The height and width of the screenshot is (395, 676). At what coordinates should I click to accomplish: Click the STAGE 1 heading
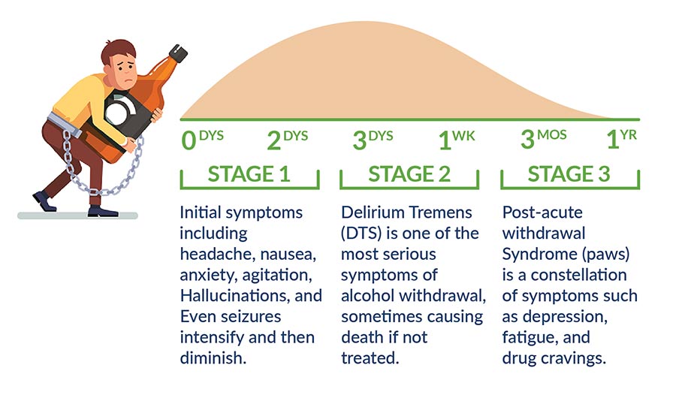click(x=249, y=174)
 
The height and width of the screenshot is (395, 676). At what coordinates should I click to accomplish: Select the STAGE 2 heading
click(x=409, y=174)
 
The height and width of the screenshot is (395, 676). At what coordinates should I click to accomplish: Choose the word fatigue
click(x=529, y=316)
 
